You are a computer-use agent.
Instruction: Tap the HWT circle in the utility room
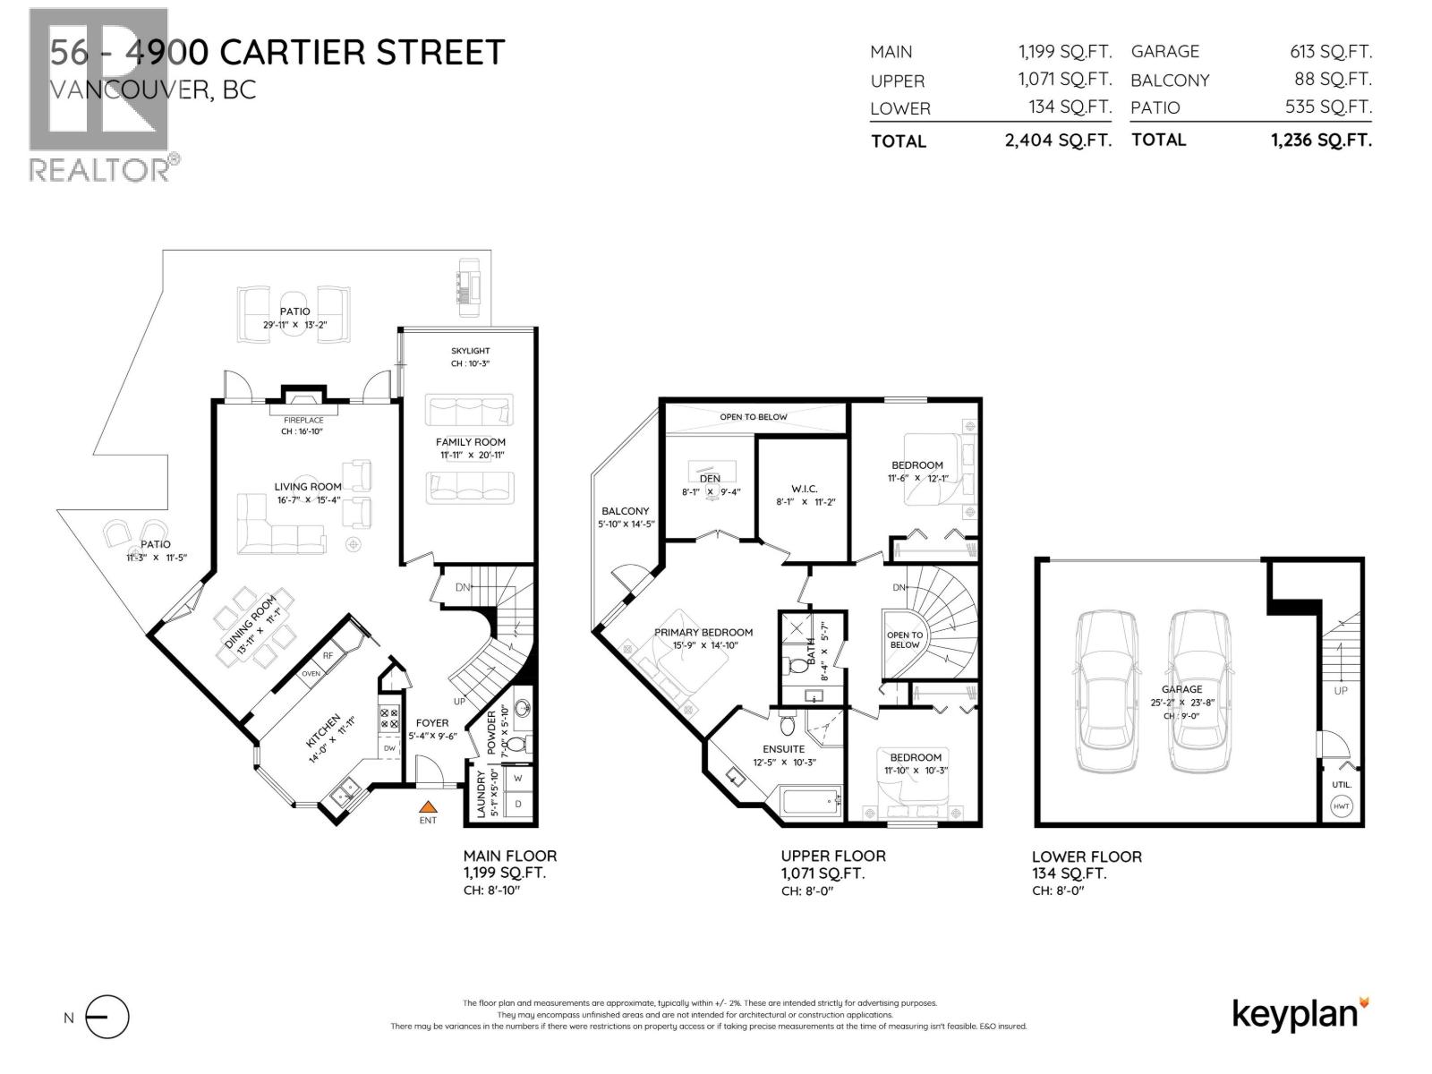point(1342,806)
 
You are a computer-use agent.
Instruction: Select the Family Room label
point(470,442)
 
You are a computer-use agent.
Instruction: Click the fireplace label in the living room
point(303,420)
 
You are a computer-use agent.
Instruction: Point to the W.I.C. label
point(804,489)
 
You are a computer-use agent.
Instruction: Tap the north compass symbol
point(107,1018)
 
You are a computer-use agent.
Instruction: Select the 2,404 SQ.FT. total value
point(1058,141)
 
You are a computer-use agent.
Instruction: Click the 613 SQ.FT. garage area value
point(1330,52)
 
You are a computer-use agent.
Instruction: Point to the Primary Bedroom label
point(703,632)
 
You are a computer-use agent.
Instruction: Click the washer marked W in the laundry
point(517,779)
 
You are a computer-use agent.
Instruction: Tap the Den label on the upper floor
point(710,478)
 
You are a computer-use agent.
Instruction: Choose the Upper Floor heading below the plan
point(832,857)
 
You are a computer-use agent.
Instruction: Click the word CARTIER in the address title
point(293,52)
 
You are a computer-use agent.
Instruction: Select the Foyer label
point(432,723)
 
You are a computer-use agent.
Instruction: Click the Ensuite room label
point(783,749)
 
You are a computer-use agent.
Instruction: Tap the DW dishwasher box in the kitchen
point(390,748)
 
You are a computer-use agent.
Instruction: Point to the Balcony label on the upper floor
point(625,511)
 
